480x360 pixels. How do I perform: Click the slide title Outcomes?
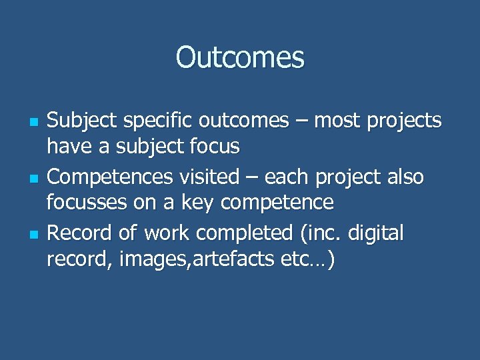(240, 58)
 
